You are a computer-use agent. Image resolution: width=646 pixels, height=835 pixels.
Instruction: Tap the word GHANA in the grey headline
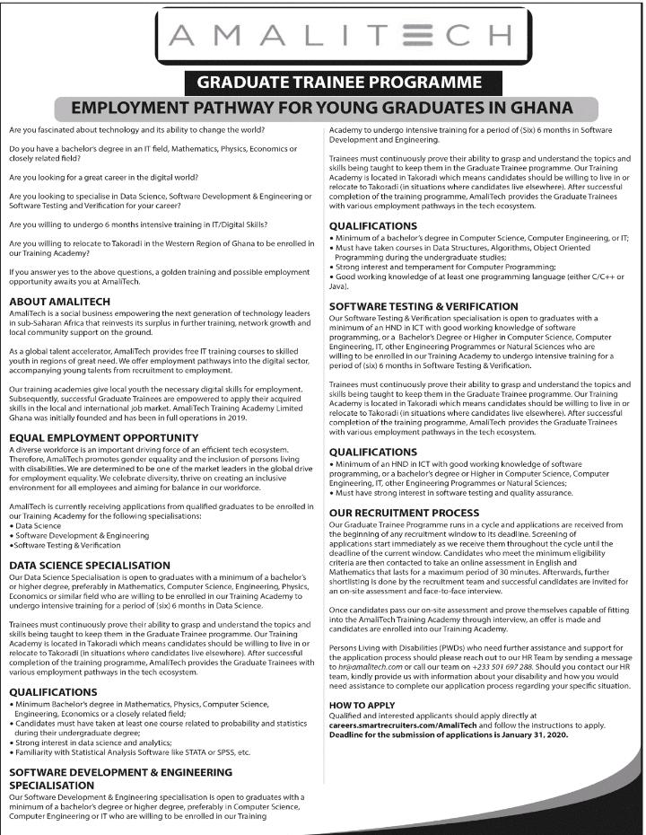pos(537,109)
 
